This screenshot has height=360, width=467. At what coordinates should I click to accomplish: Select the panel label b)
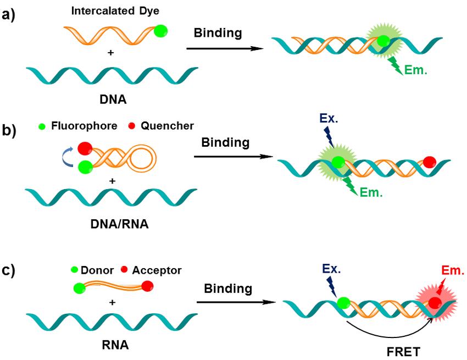[9, 132]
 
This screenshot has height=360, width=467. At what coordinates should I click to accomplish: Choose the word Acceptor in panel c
[158, 270]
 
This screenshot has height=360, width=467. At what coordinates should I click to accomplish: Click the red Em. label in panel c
[452, 270]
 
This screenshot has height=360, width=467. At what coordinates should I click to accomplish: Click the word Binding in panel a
[218, 33]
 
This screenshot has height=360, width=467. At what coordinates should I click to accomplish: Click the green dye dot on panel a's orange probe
[160, 31]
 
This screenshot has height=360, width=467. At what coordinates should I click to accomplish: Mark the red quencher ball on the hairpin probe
[85, 149]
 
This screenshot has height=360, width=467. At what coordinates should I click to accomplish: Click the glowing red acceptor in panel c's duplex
[435, 303]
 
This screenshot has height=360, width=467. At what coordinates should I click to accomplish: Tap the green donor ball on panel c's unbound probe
[79, 287]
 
